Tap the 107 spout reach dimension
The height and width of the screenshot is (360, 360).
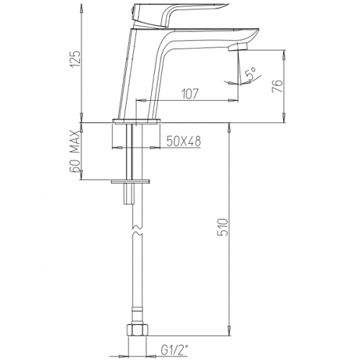190,94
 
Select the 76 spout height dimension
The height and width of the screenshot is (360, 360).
278,86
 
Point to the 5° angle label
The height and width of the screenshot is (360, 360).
251,73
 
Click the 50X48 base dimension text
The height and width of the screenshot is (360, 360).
184,141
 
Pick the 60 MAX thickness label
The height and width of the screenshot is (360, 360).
75,152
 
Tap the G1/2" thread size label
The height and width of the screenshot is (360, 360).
174,351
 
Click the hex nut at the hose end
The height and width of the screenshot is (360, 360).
137,330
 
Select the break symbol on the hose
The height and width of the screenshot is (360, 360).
138,230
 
